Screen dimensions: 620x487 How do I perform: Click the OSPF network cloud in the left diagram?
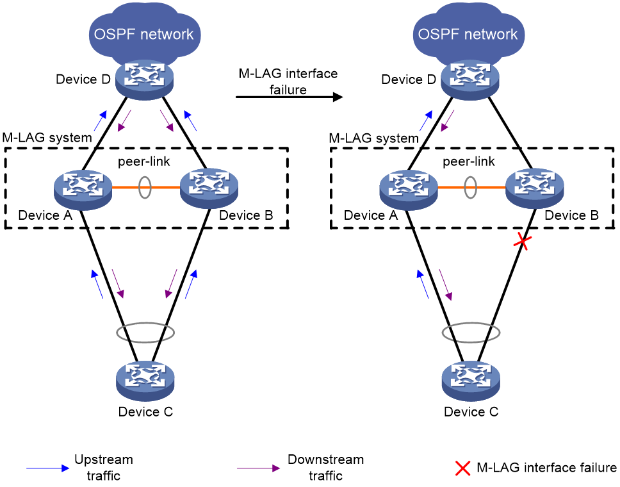pos(144,35)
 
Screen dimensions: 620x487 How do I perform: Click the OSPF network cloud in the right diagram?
pos(468,35)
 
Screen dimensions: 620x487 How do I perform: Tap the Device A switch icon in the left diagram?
pos(83,189)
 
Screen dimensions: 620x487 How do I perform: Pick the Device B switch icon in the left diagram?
pos(209,188)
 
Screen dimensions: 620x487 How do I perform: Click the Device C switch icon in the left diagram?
pos(145,380)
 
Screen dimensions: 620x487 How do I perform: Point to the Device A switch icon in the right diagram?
pos(409,189)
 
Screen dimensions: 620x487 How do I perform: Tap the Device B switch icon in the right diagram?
pos(535,188)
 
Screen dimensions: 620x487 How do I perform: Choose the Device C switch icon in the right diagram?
pos(471,380)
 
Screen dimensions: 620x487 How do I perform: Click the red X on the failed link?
pos(523,241)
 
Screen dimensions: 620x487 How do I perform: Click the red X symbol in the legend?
pos(462,468)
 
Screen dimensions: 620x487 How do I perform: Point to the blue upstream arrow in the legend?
pos(48,468)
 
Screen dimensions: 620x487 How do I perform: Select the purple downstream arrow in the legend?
pos(259,468)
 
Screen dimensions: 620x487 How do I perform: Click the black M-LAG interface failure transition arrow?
pos(290,97)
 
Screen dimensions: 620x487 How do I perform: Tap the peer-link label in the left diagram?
pos(144,161)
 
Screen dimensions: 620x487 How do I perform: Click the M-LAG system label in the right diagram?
pos(373,138)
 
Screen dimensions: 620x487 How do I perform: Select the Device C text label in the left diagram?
pos(145,412)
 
